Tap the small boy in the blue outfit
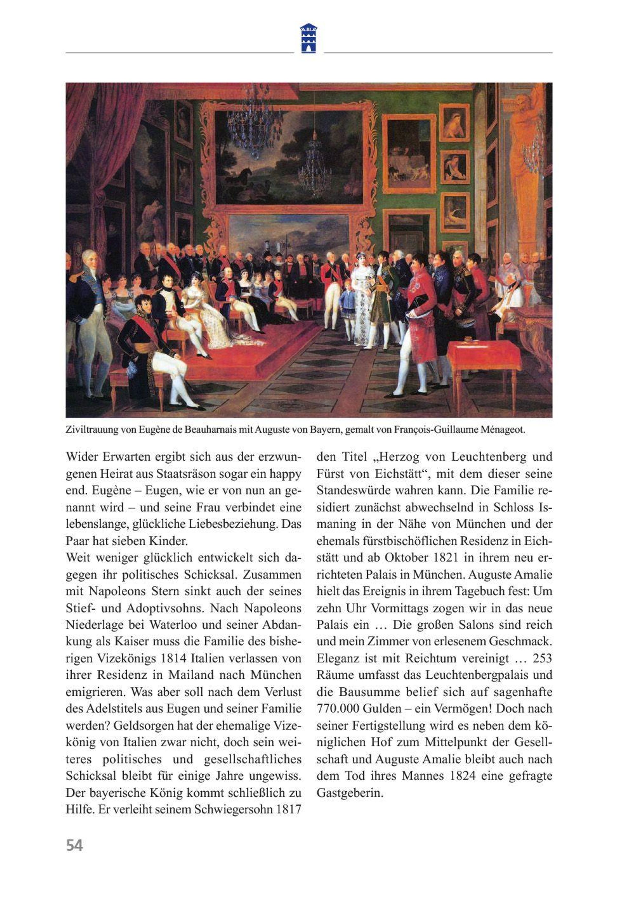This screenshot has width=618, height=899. (x=347, y=306)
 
